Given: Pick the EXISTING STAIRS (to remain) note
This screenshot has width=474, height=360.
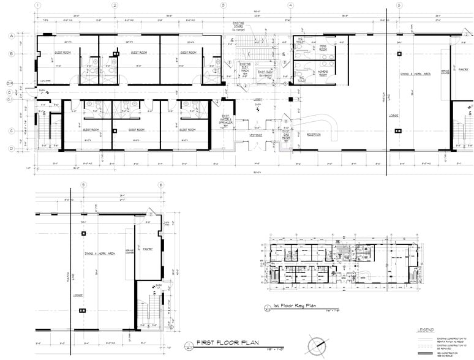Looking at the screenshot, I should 238,26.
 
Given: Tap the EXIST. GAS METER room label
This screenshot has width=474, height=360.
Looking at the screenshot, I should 286,135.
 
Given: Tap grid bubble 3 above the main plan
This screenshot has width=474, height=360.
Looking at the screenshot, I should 224,5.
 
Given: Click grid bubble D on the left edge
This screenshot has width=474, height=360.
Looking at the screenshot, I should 10,148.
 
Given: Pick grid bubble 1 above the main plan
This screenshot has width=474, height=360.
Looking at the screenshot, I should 38,5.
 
